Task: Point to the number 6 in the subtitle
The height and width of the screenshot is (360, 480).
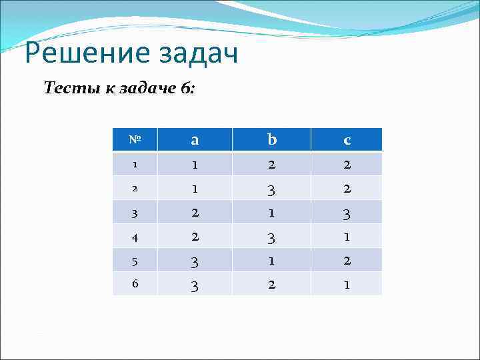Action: pyautogui.click(x=185, y=88)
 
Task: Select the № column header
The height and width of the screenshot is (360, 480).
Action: pyautogui.click(x=134, y=140)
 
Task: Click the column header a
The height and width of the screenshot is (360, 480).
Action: pyautogui.click(x=194, y=140)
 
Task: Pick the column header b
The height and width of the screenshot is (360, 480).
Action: pyautogui.click(x=271, y=140)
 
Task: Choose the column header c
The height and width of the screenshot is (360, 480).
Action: pyautogui.click(x=347, y=140)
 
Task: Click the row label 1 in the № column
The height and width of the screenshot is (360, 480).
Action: pyautogui.click(x=134, y=164)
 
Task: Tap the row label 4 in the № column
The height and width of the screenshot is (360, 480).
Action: pyautogui.click(x=134, y=236)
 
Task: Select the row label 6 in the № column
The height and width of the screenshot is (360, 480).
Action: pyautogui.click(x=134, y=283)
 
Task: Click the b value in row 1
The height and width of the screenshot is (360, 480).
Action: pyautogui.click(x=271, y=164)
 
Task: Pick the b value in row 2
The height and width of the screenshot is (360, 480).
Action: pyautogui.click(x=271, y=189)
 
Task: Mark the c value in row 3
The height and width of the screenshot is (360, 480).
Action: pyautogui.click(x=347, y=213)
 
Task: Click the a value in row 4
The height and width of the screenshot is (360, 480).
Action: pyautogui.click(x=194, y=236)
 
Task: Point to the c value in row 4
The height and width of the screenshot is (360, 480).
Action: pyautogui.click(x=347, y=236)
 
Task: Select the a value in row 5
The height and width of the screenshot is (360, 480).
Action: pyautogui.click(x=194, y=260)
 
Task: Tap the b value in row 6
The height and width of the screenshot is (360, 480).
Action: pyautogui.click(x=271, y=283)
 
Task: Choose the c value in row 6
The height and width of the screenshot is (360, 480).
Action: pyautogui.click(x=347, y=283)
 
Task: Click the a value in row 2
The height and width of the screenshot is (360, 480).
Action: pyautogui.click(x=194, y=188)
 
